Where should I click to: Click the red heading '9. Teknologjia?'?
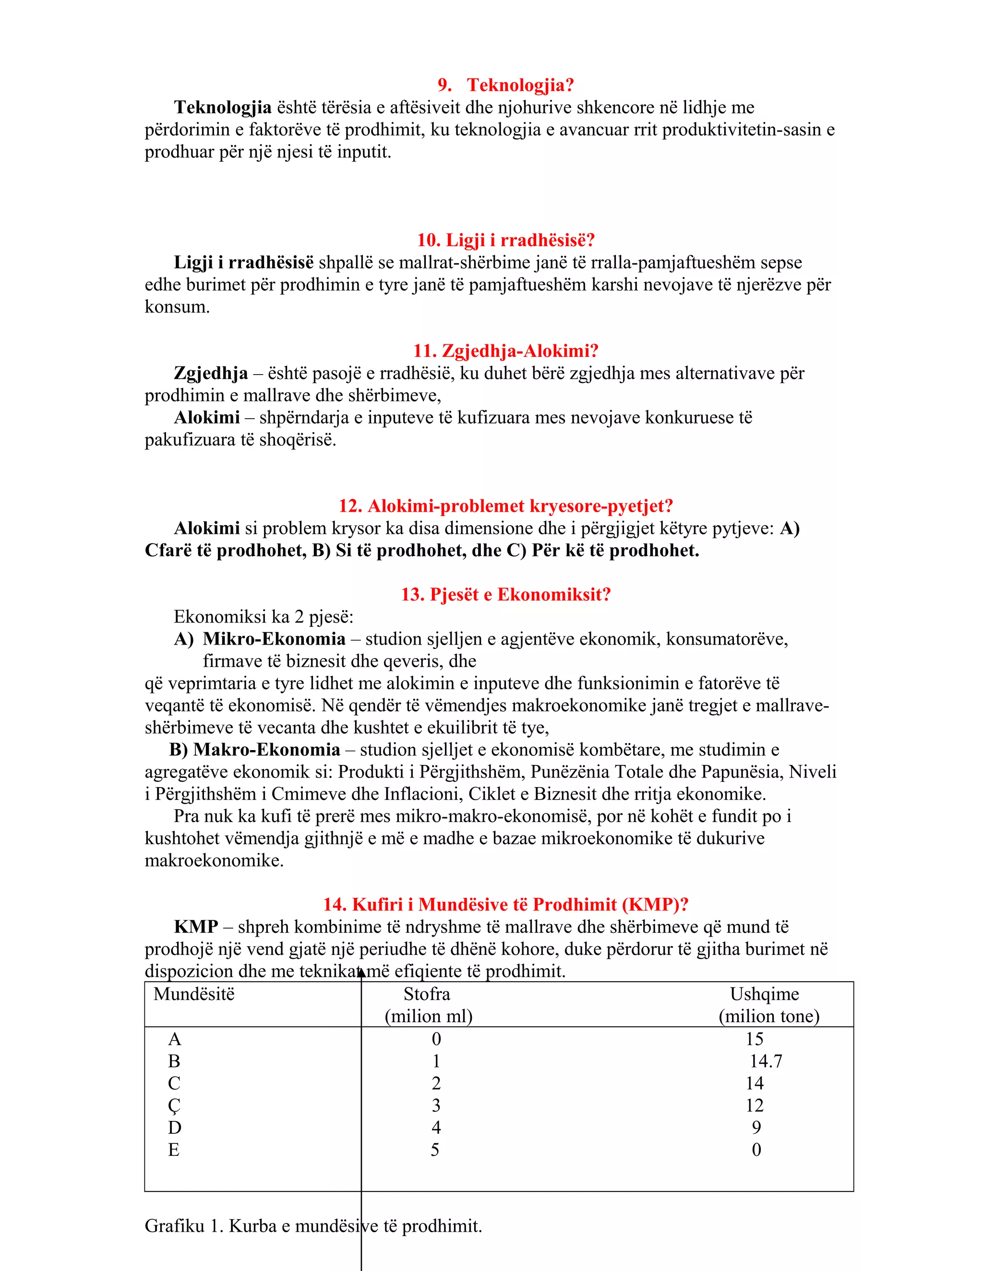pyautogui.click(x=505, y=85)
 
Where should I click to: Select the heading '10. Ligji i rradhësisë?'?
pyautogui.click(x=505, y=240)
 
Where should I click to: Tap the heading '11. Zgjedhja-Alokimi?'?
pyautogui.click(x=505, y=351)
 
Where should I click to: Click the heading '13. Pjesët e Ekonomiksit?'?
pyautogui.click(x=505, y=594)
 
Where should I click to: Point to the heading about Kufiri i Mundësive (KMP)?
pyautogui.click(x=505, y=905)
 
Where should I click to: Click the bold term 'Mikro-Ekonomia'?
pyautogui.click(x=274, y=639)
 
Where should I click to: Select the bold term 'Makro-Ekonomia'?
pyautogui.click(x=266, y=750)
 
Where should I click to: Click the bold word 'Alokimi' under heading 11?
pyautogui.click(x=207, y=417)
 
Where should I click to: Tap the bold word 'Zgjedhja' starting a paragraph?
pyautogui.click(x=210, y=373)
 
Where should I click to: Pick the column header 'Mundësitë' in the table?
pyautogui.click(x=194, y=994)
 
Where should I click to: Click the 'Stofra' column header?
pyautogui.click(x=427, y=994)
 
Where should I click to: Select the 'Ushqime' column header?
pyautogui.click(x=764, y=994)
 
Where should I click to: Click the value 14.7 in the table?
pyautogui.click(x=765, y=1061)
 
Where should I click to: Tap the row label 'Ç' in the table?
pyautogui.click(x=174, y=1106)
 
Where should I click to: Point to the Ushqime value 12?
pyautogui.click(x=755, y=1105)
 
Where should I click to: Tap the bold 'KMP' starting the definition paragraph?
pyautogui.click(x=196, y=927)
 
